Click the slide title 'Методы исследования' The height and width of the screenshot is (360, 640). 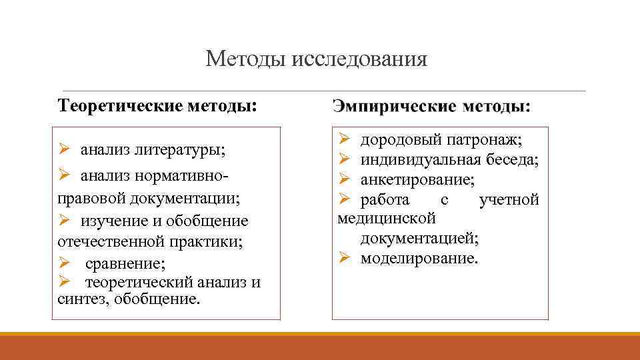tap(316, 59)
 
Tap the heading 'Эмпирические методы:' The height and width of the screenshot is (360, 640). tap(432, 106)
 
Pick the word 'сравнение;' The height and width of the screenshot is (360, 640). tap(126, 262)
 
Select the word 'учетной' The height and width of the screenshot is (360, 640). tap(509, 199)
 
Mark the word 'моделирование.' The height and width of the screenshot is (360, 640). tap(419, 258)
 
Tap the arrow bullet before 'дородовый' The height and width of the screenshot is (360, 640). tap(344, 139)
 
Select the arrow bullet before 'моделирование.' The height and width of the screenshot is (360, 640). tap(344, 258)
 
